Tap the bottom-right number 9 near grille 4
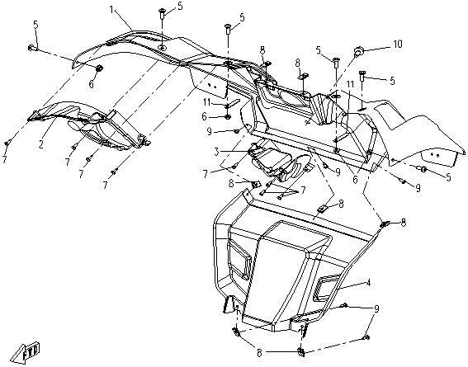(x=376, y=308)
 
